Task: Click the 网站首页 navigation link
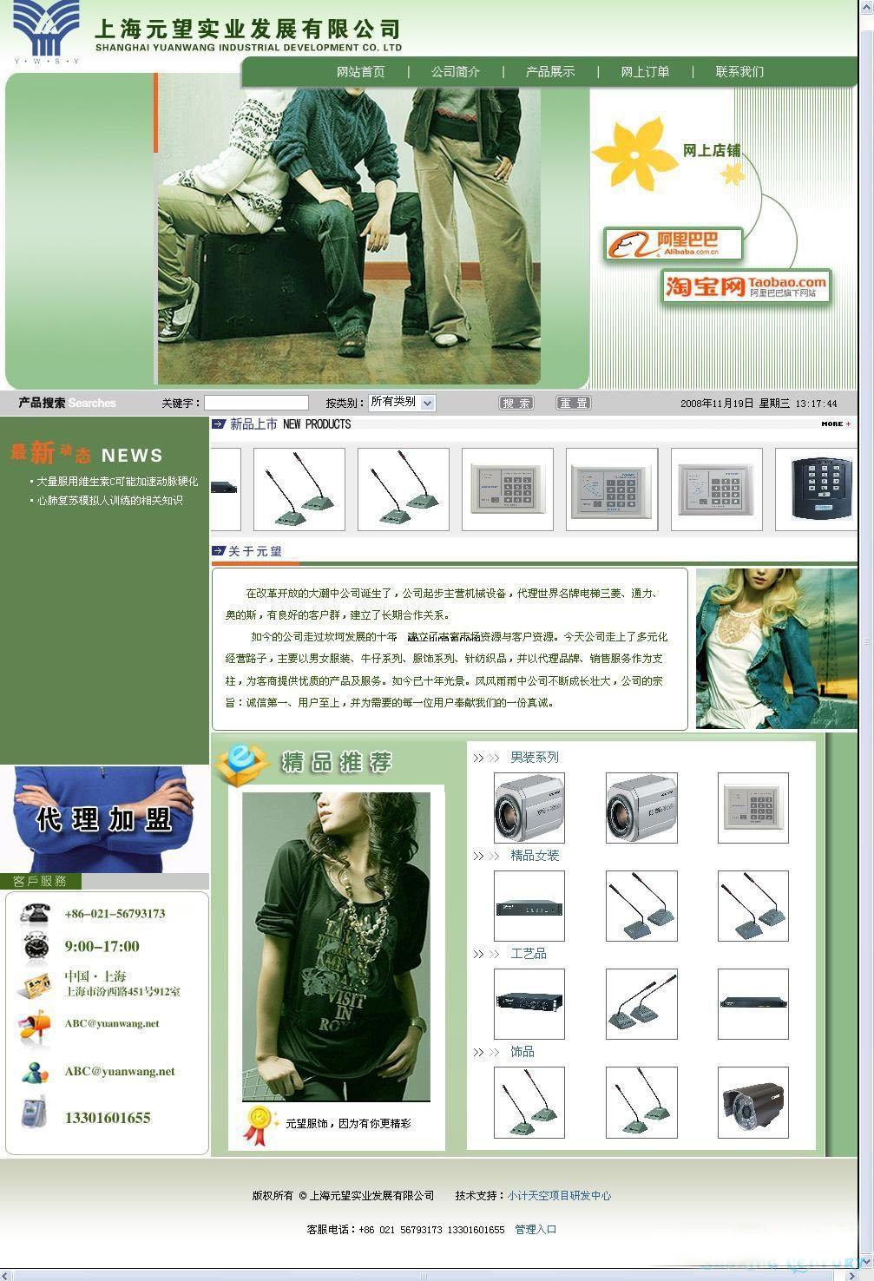[x=360, y=72]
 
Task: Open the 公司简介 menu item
[x=456, y=72]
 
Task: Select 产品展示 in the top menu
[x=550, y=72]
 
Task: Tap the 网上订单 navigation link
[x=645, y=72]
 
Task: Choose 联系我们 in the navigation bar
[x=739, y=72]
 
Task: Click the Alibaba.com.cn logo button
[x=674, y=245]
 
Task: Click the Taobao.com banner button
[x=746, y=286]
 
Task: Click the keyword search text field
[x=256, y=403]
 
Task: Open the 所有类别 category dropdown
[x=402, y=403]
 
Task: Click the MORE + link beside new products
[x=836, y=424]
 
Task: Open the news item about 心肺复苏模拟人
[x=109, y=501]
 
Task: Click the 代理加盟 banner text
[x=104, y=819]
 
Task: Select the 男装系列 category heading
[x=534, y=758]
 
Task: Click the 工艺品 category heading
[x=528, y=954]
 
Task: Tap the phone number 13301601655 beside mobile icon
[x=108, y=1118]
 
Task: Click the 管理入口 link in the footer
[x=536, y=1230]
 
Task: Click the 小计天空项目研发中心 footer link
[x=559, y=1196]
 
